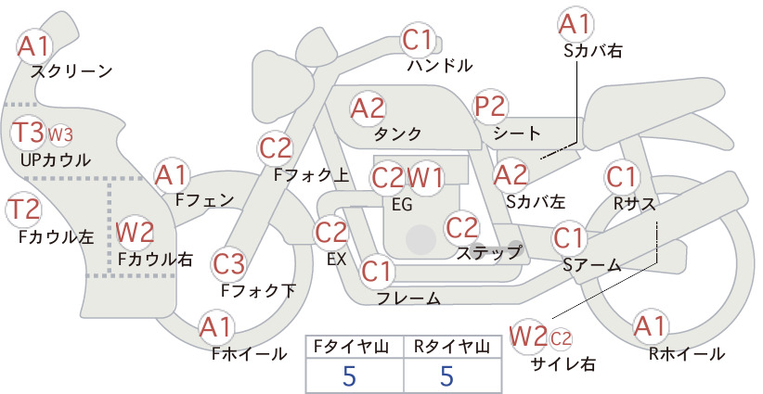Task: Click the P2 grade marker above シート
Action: [490, 107]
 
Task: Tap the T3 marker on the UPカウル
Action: [28, 133]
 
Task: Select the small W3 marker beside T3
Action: [60, 134]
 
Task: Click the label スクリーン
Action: [71, 71]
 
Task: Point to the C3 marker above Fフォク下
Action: [228, 264]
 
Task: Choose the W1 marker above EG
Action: [425, 178]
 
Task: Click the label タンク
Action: [397, 133]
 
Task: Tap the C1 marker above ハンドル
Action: [418, 40]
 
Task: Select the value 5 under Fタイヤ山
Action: [349, 375]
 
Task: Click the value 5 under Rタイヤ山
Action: [446, 375]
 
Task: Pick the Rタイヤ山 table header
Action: [452, 347]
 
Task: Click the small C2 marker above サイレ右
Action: [561, 338]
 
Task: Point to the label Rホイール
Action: [687, 354]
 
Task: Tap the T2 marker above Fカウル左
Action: [23, 210]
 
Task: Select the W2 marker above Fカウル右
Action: [136, 232]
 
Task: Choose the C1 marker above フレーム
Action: [377, 271]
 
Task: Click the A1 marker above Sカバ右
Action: [575, 24]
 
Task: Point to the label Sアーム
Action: [592, 265]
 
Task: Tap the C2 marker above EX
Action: [330, 232]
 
